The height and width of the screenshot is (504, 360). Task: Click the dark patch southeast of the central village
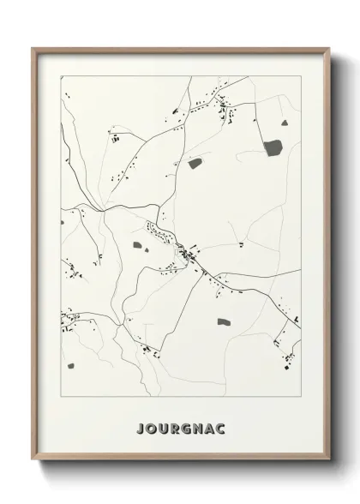(224, 321)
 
